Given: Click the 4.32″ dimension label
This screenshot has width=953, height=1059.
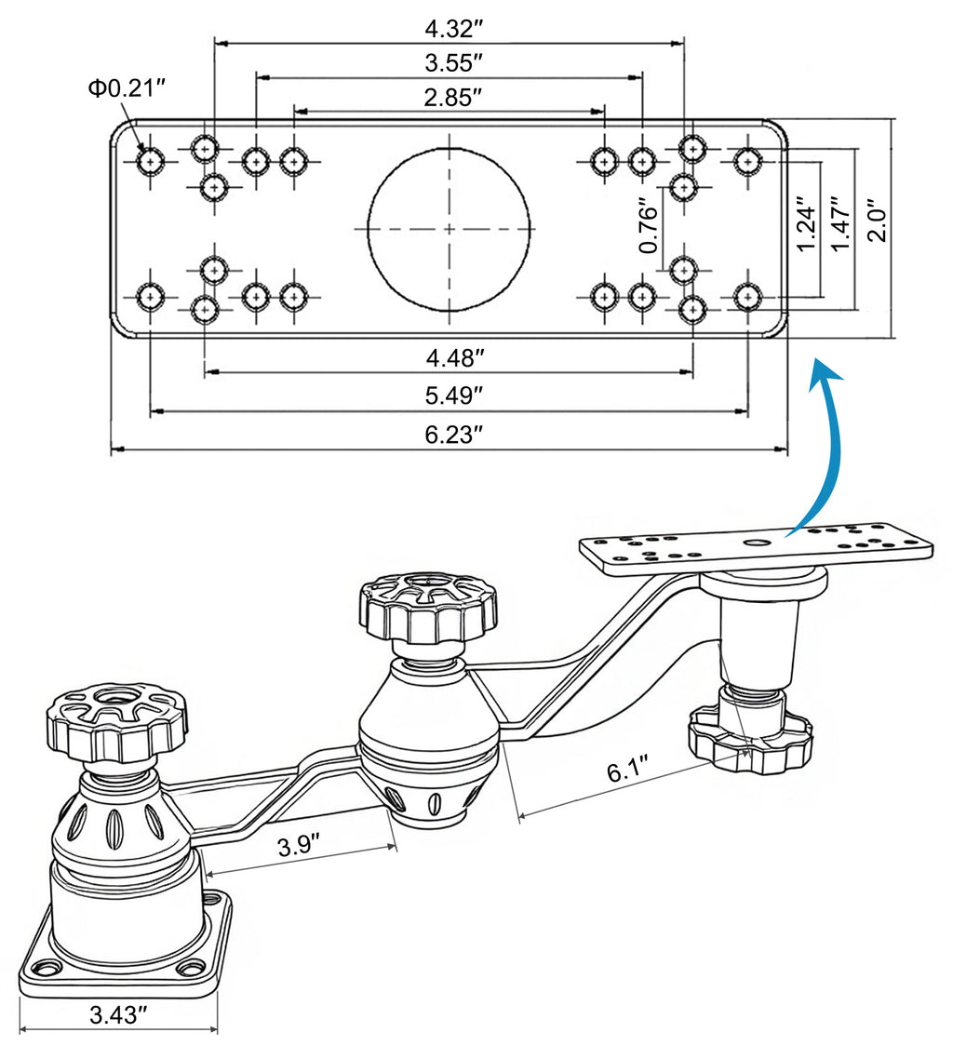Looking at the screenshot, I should pos(450,28).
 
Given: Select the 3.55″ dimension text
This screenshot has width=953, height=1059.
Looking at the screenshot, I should pos(450,63).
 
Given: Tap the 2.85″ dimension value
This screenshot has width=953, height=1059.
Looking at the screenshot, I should pos(450,97).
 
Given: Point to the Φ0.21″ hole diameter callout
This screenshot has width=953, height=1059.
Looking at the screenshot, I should pos(127,88).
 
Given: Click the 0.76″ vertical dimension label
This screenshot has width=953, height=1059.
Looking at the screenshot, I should pos(650,229).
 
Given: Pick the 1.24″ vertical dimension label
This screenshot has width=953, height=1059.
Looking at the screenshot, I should pos(807,223).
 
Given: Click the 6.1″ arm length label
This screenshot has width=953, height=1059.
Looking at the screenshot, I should pos(626,772).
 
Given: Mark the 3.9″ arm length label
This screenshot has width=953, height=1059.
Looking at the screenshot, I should pos(299,847).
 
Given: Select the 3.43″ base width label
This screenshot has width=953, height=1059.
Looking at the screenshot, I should pos(119,1014).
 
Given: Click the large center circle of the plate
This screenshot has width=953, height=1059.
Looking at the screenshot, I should pos(450,228).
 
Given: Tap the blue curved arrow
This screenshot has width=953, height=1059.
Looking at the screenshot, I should pos(817,447).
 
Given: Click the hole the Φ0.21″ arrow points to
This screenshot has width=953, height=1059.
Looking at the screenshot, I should pos(150,162).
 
